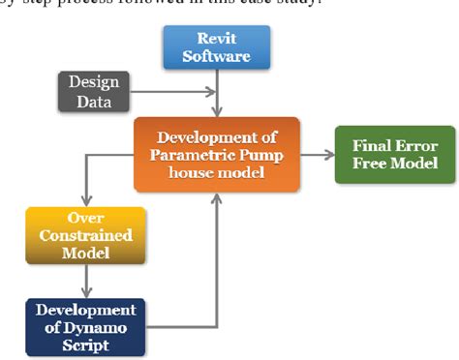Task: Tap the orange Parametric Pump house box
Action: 217,154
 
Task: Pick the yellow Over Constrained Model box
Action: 85,235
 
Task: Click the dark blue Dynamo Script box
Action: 85,326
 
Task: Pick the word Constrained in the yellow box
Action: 85,235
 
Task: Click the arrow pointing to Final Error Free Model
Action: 317,154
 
